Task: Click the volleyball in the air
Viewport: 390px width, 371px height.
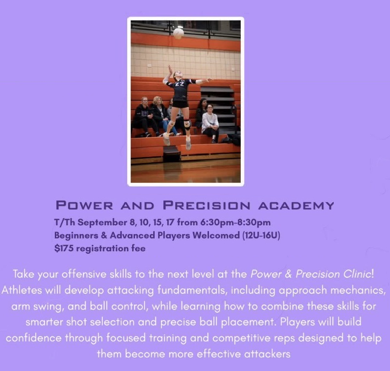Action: [178, 33]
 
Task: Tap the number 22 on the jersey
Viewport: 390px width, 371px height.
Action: [179, 85]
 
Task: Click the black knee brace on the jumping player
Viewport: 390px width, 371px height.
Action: [187, 123]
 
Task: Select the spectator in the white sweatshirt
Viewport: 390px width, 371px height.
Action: [210, 123]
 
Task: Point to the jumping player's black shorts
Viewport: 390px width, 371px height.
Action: [180, 104]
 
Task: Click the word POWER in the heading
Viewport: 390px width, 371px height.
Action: [84, 205]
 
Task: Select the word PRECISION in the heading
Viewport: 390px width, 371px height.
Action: [206, 205]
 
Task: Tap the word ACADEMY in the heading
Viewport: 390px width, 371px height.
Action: [296, 206]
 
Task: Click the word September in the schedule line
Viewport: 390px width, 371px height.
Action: [102, 222]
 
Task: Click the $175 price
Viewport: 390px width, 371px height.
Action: [64, 248]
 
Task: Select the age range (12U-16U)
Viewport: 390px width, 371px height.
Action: [261, 235]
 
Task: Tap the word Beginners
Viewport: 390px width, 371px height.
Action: [76, 235]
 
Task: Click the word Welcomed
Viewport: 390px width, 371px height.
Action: [216, 235]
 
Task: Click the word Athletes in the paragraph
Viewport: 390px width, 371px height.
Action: [22, 290]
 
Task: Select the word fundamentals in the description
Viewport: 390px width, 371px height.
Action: [192, 290]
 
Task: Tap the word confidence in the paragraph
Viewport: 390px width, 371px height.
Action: [34, 338]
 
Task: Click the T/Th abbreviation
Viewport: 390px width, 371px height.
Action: [65, 222]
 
